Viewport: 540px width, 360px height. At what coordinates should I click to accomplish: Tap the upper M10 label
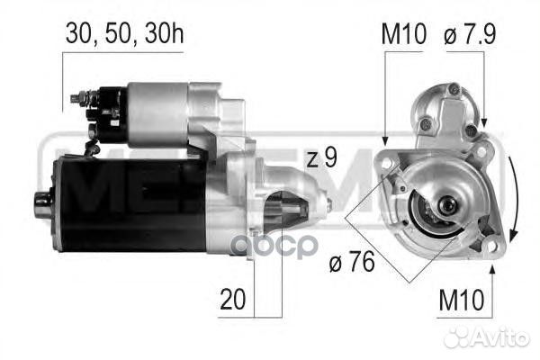click(402, 35)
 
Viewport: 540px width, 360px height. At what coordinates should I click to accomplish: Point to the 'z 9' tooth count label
click(321, 159)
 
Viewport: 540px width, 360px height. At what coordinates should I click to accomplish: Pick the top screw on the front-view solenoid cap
click(454, 89)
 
